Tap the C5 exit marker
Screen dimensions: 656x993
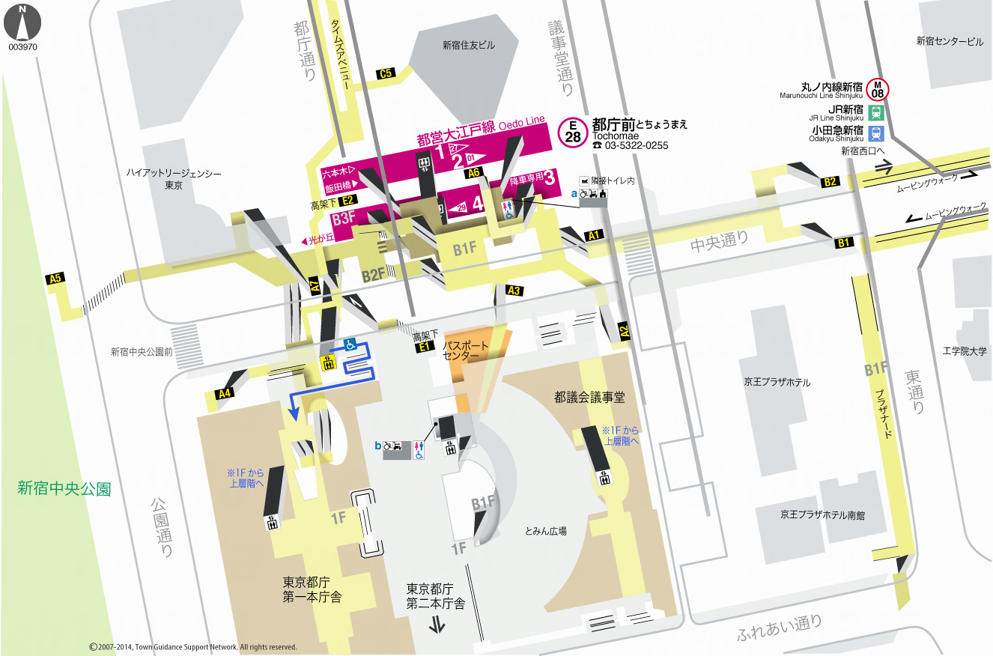coord(386,73)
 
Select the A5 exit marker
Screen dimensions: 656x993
coord(55,279)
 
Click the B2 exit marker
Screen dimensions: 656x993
coord(830,181)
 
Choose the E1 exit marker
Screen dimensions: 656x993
coord(425,347)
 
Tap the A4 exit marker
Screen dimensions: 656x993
coord(224,393)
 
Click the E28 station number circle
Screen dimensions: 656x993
coord(573,133)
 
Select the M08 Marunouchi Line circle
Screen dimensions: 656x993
coord(878,89)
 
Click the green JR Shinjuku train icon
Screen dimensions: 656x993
coord(876,113)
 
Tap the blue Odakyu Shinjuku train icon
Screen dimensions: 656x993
coord(876,134)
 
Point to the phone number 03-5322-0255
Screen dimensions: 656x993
coord(635,146)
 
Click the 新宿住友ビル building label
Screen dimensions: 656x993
coord(469,46)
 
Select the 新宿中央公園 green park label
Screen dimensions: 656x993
coord(64,489)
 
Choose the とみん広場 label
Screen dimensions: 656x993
coord(546,530)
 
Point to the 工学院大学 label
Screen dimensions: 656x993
coord(965,350)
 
